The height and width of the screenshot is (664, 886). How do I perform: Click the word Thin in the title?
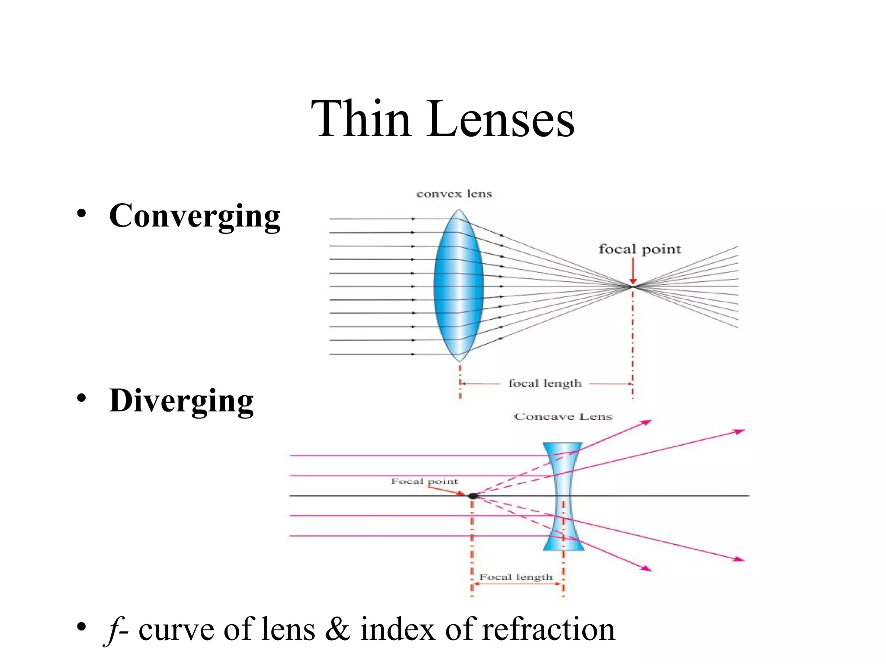[x=360, y=118]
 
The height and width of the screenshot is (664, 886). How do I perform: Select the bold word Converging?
[x=195, y=216]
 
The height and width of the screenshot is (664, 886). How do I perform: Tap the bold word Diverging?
[x=181, y=401]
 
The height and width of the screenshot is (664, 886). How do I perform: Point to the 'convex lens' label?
[x=454, y=194]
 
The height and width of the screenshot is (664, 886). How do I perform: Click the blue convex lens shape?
[x=459, y=285]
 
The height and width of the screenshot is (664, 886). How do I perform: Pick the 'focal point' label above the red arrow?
[x=639, y=249]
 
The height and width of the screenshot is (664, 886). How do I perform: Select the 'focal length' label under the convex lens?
[x=545, y=383]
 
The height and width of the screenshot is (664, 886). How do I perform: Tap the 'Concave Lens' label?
[x=563, y=417]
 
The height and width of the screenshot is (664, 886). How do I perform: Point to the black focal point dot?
[x=473, y=496]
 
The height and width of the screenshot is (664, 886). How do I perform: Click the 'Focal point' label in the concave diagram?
[x=424, y=481]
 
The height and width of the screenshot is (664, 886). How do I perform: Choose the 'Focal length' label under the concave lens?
[x=516, y=577]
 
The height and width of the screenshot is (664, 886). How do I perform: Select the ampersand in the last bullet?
[x=337, y=629]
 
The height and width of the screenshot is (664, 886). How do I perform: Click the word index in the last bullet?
[x=397, y=629]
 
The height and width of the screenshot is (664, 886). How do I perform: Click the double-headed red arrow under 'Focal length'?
[x=517, y=584]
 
